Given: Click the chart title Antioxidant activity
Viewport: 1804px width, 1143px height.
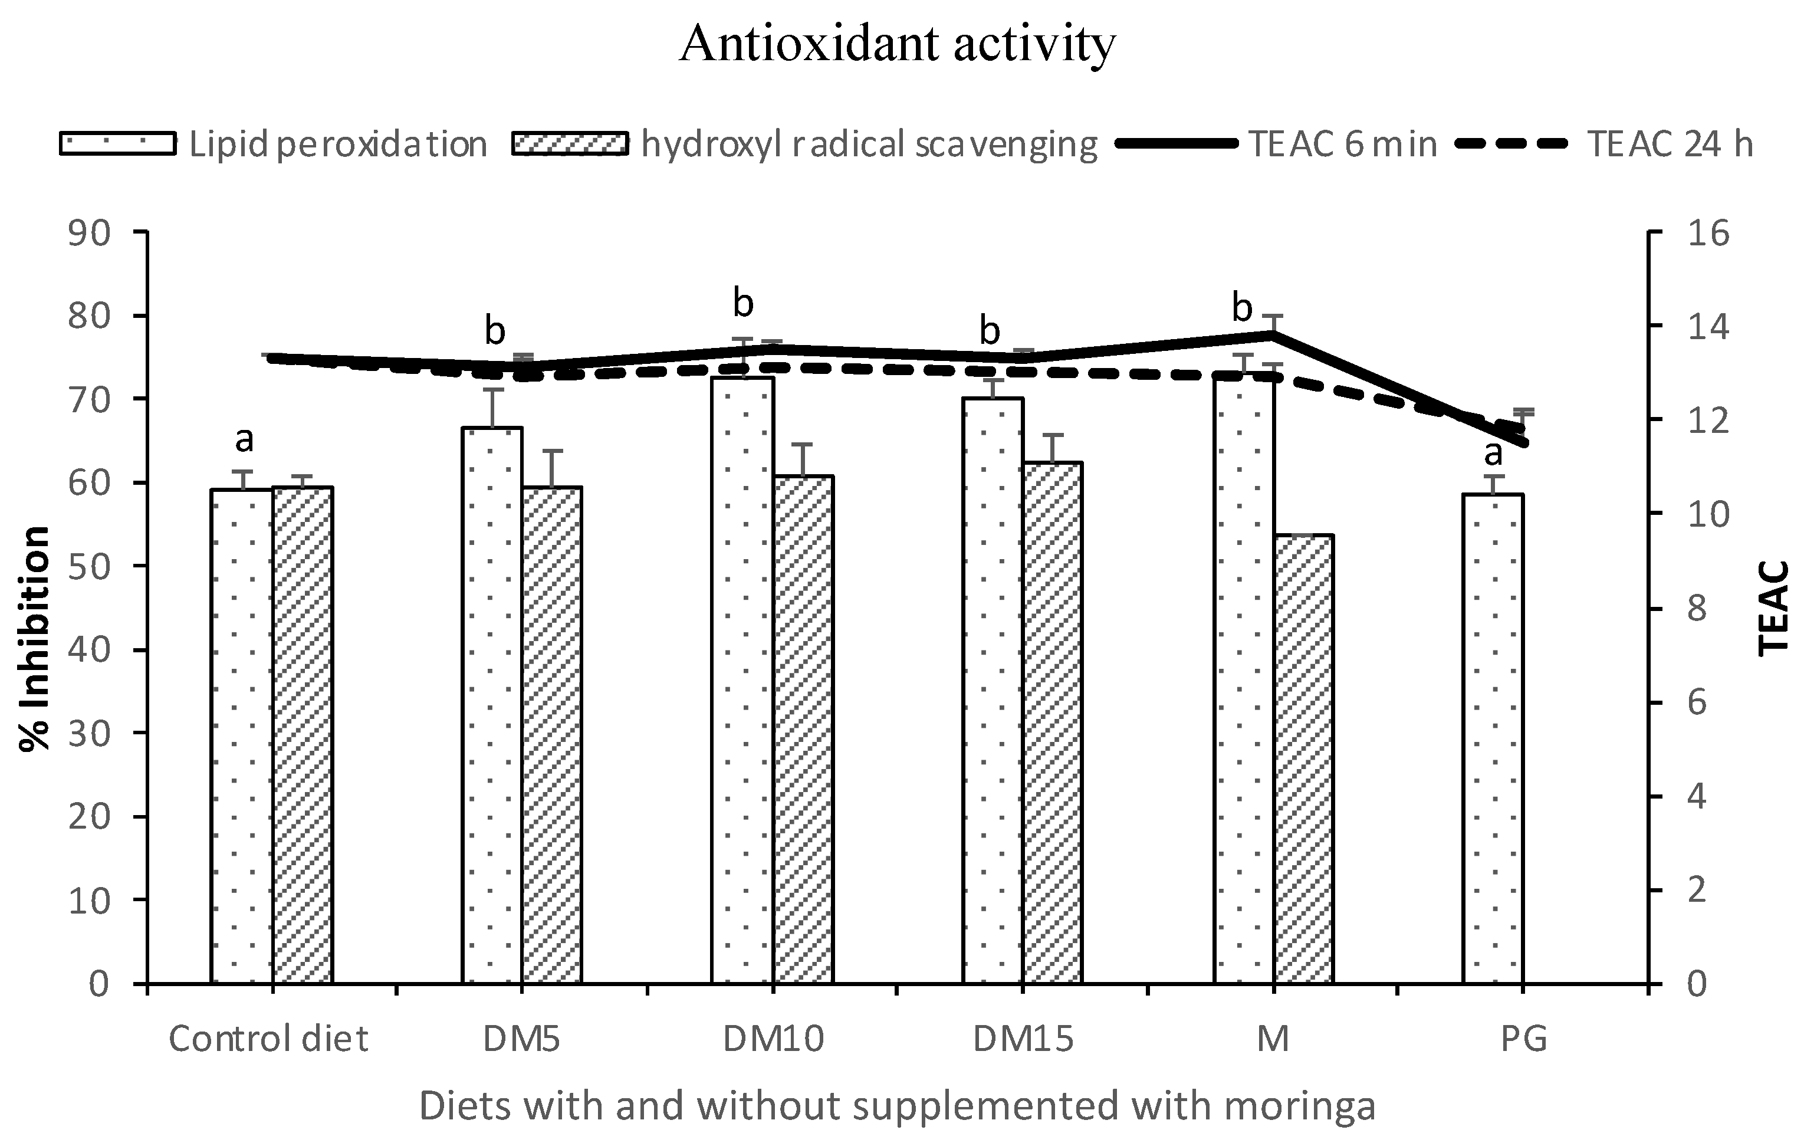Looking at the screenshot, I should pos(897,44).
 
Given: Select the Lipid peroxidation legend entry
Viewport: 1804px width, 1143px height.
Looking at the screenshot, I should pos(274,144).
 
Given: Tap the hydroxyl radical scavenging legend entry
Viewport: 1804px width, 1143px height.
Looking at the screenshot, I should pos(806,144).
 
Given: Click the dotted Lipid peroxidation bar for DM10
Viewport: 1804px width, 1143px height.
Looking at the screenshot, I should pos(742,682).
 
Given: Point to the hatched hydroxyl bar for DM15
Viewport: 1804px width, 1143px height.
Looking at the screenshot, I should pos(1053,723).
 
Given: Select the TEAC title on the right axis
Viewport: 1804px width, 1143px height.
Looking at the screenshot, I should pos(1773,608).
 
